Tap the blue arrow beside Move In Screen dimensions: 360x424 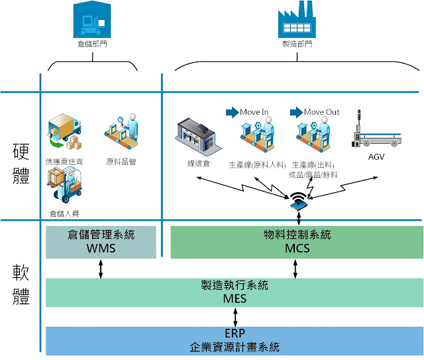pyautogui.click(x=231, y=112)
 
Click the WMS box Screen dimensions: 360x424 pyautogui.click(x=101, y=241)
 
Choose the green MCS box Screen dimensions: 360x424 pyautogui.click(x=297, y=241)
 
